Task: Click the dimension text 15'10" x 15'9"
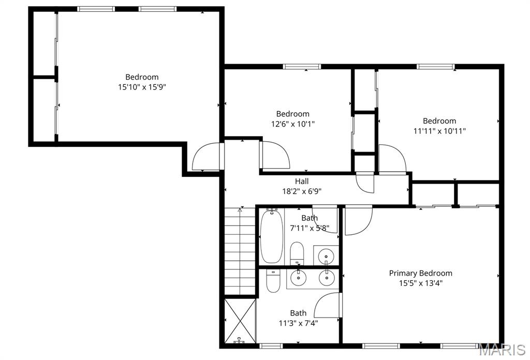tap(142, 87)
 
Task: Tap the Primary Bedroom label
tap(420, 273)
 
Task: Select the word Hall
tap(302, 181)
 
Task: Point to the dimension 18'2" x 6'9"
tap(302, 191)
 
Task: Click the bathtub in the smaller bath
tap(270, 236)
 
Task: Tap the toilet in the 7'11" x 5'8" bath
tap(297, 252)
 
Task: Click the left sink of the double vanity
tap(299, 278)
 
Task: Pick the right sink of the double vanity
tap(326, 278)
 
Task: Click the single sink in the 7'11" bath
tap(326, 255)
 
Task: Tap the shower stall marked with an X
tap(240, 321)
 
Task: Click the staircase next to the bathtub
tap(240, 251)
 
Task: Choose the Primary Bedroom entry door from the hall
tap(358, 220)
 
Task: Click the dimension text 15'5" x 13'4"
tap(420, 283)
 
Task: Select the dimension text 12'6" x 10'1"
tap(292, 124)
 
